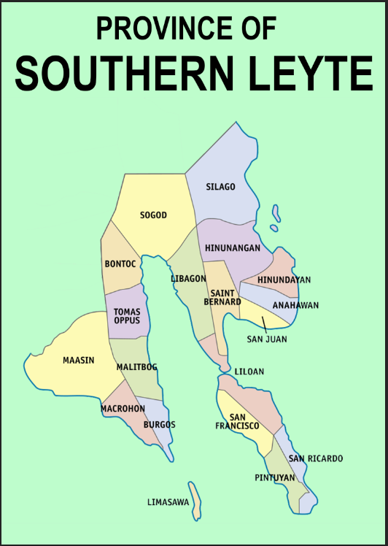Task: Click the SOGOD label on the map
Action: coord(153,215)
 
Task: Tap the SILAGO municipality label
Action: coord(220,187)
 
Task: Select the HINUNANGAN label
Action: coord(232,248)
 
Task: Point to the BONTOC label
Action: coord(120,264)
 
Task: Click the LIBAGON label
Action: coord(188,279)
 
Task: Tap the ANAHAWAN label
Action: coord(295,305)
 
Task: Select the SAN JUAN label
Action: coord(266,339)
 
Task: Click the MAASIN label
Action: coord(78,361)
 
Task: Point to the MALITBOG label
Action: coord(136,367)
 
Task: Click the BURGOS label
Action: coord(159,425)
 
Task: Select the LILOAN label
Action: coord(249,372)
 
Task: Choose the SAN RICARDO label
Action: coord(315,458)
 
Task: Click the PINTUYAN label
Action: coord(275,477)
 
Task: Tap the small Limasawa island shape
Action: coord(195,501)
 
